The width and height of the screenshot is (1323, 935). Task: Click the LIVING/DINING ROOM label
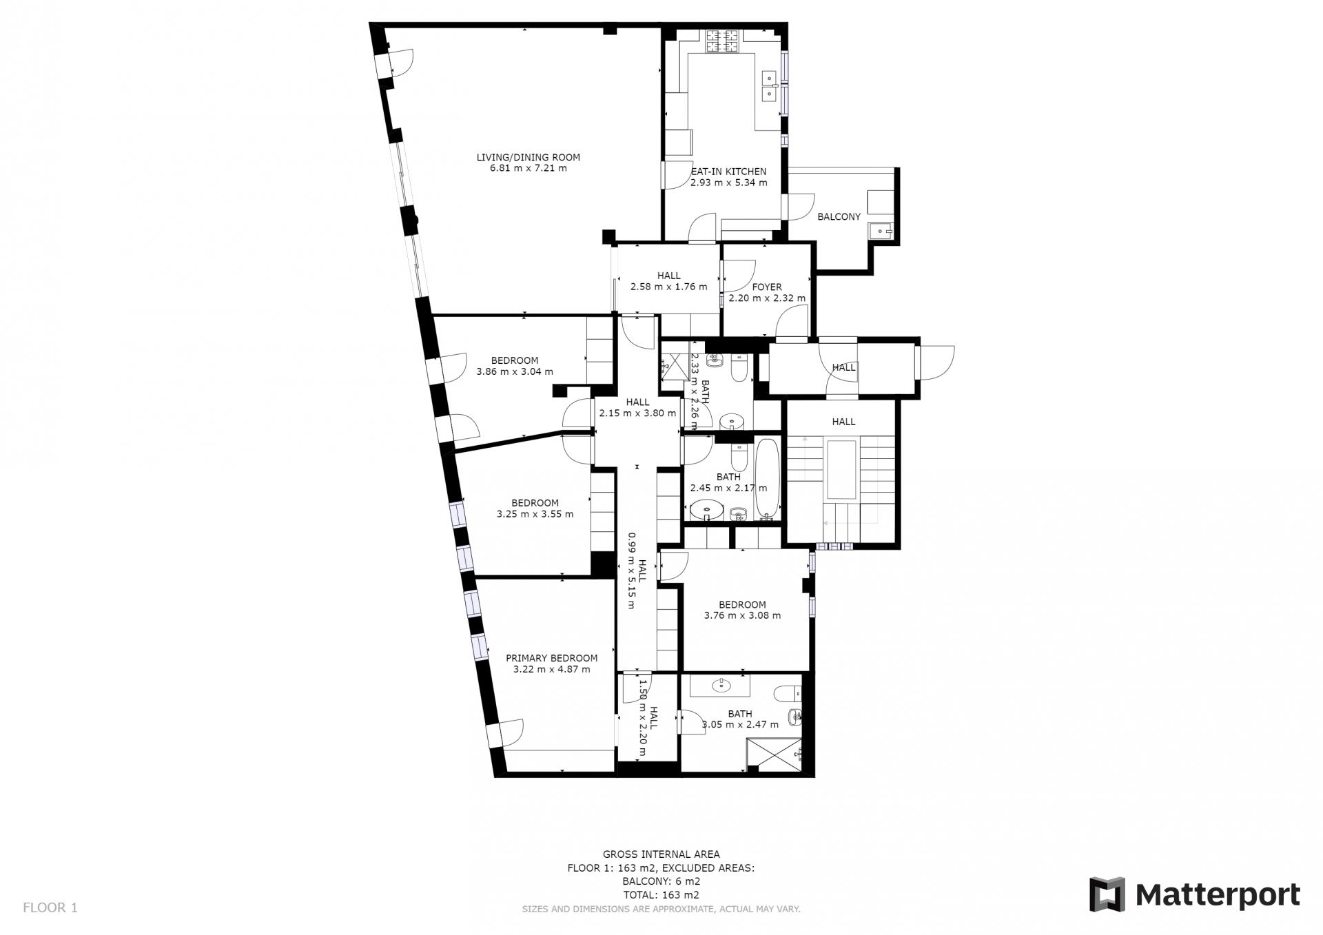pyautogui.click(x=529, y=157)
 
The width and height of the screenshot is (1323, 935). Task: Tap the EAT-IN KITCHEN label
pyautogui.click(x=729, y=172)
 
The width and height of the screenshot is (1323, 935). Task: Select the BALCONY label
pyautogui.click(x=839, y=216)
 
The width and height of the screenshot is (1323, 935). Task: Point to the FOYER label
pyautogui.click(x=767, y=287)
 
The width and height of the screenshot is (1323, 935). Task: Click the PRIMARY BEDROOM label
pyautogui.click(x=551, y=658)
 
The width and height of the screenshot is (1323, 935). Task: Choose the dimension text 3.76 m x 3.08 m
pyautogui.click(x=742, y=615)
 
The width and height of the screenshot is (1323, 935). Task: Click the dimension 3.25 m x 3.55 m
pyautogui.click(x=535, y=514)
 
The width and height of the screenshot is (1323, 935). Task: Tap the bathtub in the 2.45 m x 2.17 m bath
pyautogui.click(x=768, y=479)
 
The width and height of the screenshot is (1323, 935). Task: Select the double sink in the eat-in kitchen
pyautogui.click(x=769, y=85)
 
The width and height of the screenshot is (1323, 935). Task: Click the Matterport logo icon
pyautogui.click(x=1107, y=894)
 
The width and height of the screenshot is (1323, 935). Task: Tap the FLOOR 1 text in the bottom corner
pyautogui.click(x=50, y=907)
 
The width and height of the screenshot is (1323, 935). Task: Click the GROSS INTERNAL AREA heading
pyautogui.click(x=661, y=854)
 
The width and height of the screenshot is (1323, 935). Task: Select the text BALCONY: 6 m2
pyautogui.click(x=661, y=881)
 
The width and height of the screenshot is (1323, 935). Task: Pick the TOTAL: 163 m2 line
pyautogui.click(x=661, y=895)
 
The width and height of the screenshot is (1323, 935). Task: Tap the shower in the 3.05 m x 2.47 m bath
pyautogui.click(x=775, y=755)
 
